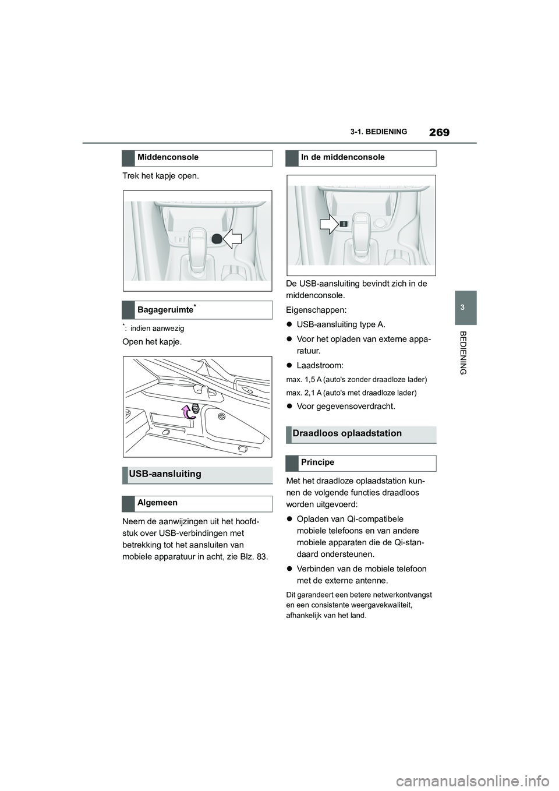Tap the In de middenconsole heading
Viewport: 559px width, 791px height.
342,157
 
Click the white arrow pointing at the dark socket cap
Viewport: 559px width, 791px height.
232,238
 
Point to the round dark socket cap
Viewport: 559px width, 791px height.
216,238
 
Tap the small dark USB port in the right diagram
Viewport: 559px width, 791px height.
344,224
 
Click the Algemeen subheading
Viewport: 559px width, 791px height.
157,503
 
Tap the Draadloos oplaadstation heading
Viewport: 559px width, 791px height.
347,434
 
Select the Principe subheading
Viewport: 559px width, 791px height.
317,462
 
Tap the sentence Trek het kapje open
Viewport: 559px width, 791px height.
160,176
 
